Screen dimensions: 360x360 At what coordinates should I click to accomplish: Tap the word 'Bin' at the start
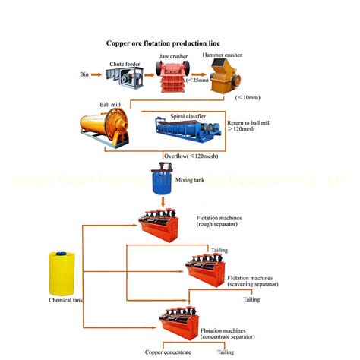pyautogui.click(x=84, y=74)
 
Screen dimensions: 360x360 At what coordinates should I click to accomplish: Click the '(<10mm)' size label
pyautogui.click(x=247, y=97)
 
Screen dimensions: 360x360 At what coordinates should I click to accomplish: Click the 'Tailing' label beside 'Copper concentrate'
pyautogui.click(x=226, y=352)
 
